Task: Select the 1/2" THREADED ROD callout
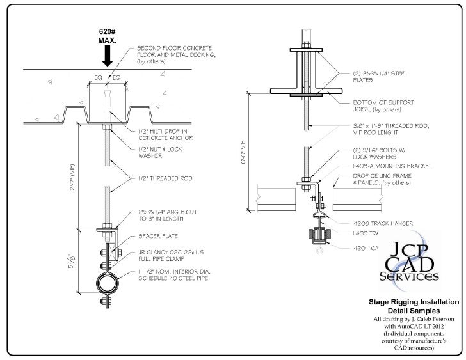point(158,178)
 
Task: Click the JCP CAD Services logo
point(410,263)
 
